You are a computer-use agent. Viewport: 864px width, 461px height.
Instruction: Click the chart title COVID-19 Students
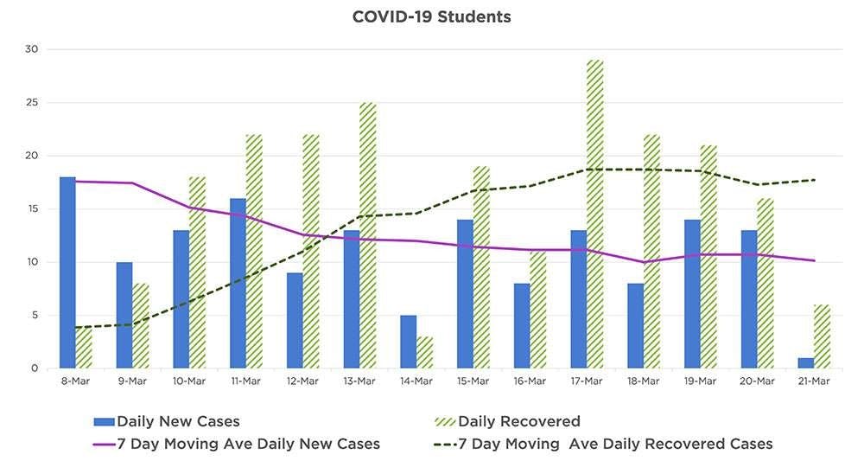click(431, 16)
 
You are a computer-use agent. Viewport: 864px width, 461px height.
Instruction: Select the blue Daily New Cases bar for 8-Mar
click(67, 272)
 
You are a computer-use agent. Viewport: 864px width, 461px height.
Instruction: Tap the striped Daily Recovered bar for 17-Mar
click(595, 214)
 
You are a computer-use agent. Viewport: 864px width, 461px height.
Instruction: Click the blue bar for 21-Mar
click(806, 363)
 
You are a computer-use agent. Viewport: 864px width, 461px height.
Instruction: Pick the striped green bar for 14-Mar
click(424, 352)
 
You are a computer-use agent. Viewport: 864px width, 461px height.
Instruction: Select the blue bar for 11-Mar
click(238, 284)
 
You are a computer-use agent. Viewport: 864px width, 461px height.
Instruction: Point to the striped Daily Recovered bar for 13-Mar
click(368, 235)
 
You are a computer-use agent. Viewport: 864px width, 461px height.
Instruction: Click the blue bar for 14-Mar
click(408, 342)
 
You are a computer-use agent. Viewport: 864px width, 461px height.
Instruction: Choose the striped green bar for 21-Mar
click(823, 336)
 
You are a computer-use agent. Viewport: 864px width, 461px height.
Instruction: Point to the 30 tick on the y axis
click(32, 49)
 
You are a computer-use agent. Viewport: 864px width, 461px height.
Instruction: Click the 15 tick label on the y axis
click(32, 209)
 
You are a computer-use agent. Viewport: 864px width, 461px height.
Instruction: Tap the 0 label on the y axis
click(35, 368)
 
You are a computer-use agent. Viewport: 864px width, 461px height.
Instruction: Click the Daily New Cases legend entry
click(178, 422)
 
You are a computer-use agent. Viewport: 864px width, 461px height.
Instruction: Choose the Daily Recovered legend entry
click(519, 422)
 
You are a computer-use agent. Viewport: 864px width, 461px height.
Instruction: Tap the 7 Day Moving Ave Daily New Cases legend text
click(248, 444)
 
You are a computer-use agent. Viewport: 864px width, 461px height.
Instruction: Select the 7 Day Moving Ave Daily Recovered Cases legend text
click(615, 444)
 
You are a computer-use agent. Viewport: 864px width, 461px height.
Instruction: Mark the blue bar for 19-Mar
click(692, 294)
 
